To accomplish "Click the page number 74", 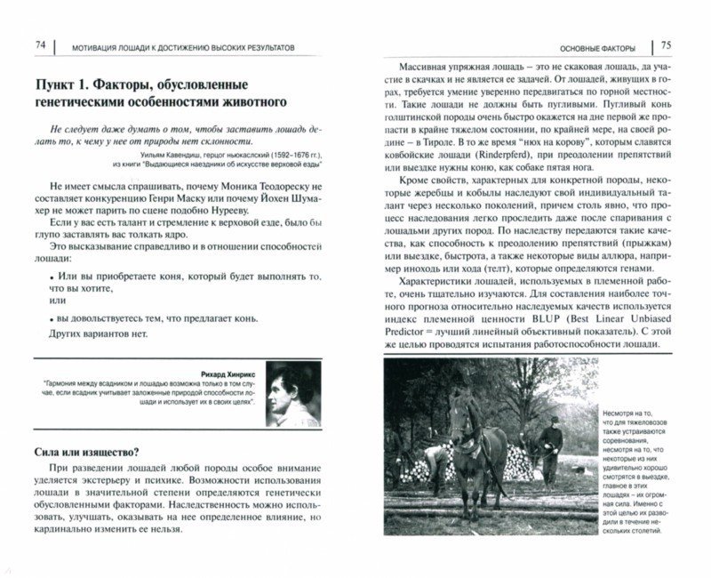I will (39, 45).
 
